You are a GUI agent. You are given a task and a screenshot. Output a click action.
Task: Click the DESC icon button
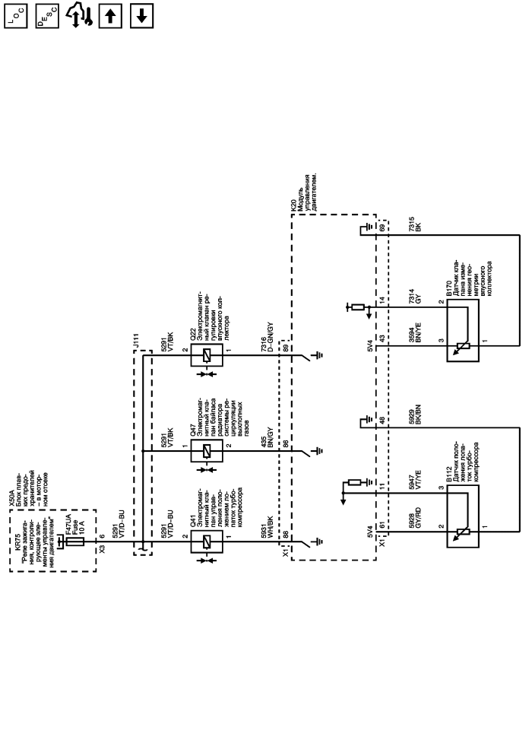coord(45,16)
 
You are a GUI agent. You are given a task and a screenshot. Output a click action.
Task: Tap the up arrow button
coord(108,16)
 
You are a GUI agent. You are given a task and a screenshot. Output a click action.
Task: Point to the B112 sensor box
coord(463,518)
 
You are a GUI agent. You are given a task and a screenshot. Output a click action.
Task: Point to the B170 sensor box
coord(463,330)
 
